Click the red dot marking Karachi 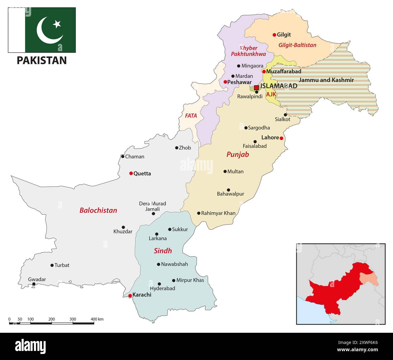click(x=130, y=296)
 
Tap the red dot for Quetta click(x=131, y=173)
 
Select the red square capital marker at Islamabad click(x=256, y=87)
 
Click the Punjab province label click(x=238, y=155)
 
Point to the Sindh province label click(x=163, y=251)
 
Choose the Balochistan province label click(x=98, y=210)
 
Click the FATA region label click(x=191, y=116)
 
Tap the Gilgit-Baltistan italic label click(x=297, y=45)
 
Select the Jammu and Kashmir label click(x=326, y=80)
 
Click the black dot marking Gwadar click(x=34, y=284)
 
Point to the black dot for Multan click(x=225, y=172)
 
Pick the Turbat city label click(x=62, y=265)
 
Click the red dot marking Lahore click(x=281, y=138)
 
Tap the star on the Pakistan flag click(x=57, y=24)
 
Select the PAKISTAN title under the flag click(x=42, y=61)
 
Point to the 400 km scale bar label click(x=97, y=319)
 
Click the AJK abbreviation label click(x=271, y=94)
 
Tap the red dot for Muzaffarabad click(x=264, y=72)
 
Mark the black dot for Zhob click(x=177, y=148)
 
